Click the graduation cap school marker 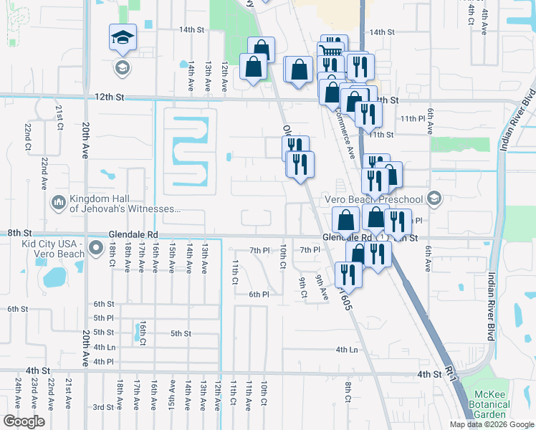click(x=123, y=38)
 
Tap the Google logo click(x=24, y=421)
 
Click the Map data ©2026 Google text click(x=492, y=424)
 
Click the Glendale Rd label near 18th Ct click(x=133, y=234)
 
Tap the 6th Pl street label click(x=259, y=295)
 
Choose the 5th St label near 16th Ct click(x=181, y=333)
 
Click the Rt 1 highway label click(x=451, y=372)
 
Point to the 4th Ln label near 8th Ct click(x=347, y=350)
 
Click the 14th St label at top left click(x=191, y=30)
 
